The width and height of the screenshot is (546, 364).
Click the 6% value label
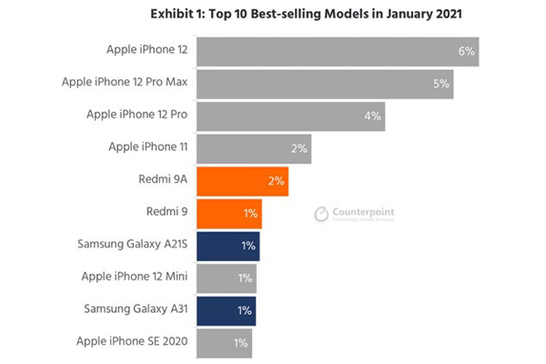467,51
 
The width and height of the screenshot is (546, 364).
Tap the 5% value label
441,84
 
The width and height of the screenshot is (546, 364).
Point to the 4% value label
372,116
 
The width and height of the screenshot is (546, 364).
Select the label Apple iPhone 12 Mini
135,278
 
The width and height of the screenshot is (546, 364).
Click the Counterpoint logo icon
320,214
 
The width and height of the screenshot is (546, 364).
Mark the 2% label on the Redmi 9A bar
277,181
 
